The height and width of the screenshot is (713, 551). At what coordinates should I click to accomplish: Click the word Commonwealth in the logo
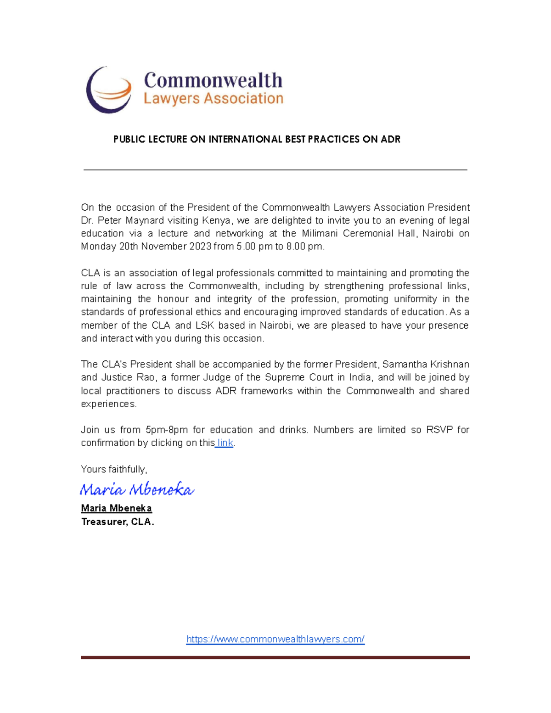point(213,80)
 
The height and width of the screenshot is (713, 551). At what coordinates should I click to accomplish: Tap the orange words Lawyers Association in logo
point(213,99)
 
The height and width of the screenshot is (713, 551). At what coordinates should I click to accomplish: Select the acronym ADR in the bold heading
point(390,139)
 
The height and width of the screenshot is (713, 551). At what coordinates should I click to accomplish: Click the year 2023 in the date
point(200,247)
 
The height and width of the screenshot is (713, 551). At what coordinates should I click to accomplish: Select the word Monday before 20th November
point(98,247)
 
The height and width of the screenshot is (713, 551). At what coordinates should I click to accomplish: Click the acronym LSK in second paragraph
point(205,326)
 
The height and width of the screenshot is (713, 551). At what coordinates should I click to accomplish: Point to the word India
point(360,377)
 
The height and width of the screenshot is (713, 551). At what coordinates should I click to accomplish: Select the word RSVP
point(439,430)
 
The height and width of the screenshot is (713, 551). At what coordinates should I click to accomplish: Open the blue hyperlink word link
point(225,443)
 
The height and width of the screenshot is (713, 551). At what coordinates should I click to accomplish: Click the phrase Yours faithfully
point(114,469)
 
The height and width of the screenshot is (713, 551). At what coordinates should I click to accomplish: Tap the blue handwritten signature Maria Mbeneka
point(137,489)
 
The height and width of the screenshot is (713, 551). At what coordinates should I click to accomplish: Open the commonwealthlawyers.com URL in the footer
point(275,639)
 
